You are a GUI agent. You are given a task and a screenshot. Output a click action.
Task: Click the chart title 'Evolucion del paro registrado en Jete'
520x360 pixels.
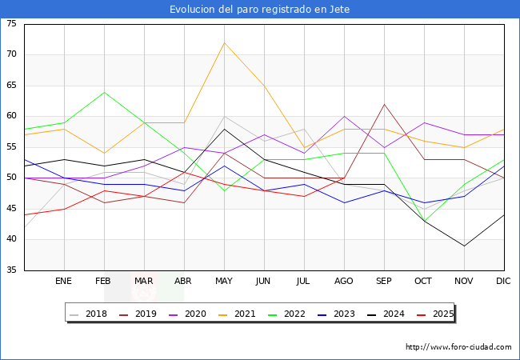(260, 10)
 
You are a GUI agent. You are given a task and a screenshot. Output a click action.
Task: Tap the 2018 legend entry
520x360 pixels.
(89, 314)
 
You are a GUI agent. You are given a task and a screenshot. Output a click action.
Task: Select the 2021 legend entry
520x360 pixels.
(237, 314)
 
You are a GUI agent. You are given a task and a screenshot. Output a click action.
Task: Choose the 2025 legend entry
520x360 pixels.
(435, 314)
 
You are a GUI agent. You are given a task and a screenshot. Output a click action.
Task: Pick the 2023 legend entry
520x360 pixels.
(336, 314)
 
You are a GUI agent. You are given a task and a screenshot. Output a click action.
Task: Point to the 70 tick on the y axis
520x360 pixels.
(11, 54)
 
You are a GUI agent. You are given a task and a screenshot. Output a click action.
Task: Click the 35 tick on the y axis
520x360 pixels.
(11, 270)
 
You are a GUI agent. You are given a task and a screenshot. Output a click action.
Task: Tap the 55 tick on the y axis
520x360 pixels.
(11, 147)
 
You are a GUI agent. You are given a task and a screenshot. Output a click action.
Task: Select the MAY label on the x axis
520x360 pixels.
(224, 281)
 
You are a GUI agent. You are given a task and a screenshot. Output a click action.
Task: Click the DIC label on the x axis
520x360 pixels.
(503, 281)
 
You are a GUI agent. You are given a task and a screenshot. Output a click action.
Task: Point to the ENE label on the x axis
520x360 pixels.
(63, 281)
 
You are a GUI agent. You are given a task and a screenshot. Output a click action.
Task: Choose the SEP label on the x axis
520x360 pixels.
(384, 281)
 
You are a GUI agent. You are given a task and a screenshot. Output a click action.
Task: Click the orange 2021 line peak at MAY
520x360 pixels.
(225, 42)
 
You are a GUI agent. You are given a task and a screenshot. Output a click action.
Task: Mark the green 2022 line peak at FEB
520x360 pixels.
(105, 92)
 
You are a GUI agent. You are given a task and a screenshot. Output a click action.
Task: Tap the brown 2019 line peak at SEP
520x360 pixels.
(384, 105)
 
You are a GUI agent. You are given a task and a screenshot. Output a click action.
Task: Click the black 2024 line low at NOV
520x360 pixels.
(464, 246)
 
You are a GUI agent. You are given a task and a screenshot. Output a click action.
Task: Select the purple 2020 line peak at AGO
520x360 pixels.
(345, 116)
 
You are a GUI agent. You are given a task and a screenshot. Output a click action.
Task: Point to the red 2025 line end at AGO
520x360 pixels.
(345, 178)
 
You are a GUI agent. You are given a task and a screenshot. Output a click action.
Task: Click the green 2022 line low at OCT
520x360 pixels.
(425, 221)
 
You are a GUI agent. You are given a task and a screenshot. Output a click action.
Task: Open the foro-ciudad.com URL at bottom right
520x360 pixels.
(458, 347)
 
